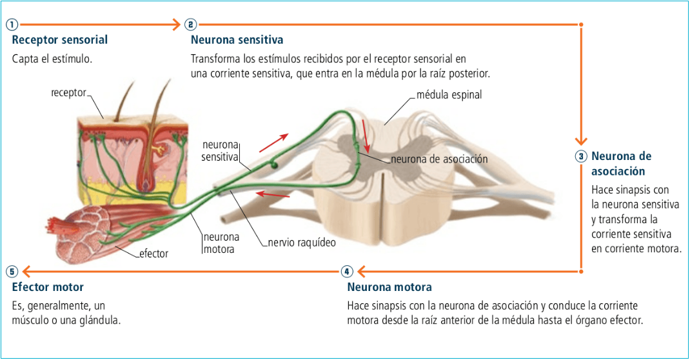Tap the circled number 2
(190, 25)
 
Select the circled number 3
(581, 156)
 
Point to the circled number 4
(347, 271)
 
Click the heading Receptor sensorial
(60, 40)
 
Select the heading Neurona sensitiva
(237, 40)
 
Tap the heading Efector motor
(48, 287)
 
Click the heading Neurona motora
(389, 287)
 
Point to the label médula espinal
(449, 95)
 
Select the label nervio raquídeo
(302, 243)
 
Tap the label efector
(153, 254)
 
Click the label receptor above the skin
(68, 93)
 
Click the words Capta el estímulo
(52, 59)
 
